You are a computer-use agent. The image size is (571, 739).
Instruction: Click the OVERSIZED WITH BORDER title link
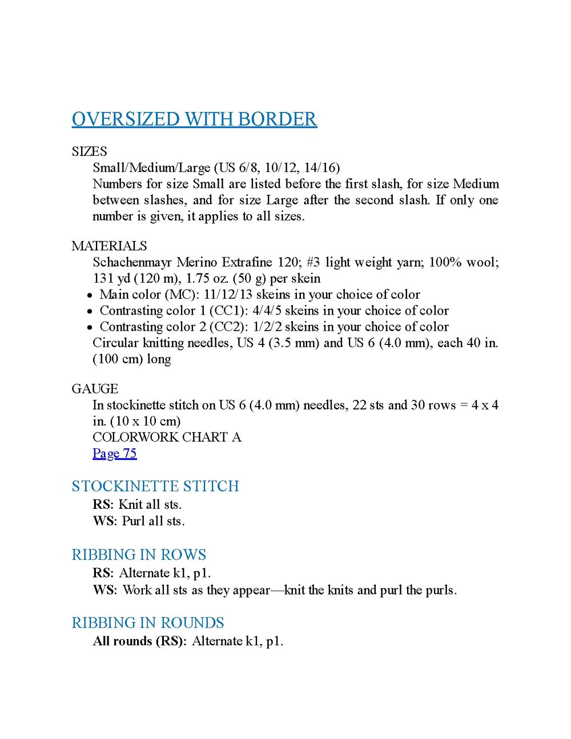[x=194, y=119]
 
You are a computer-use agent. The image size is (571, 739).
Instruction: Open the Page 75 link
[x=114, y=453]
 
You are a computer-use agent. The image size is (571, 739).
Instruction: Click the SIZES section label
[x=89, y=151]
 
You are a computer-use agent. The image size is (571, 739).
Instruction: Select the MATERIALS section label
[x=109, y=246]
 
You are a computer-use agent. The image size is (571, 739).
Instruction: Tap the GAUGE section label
[x=95, y=389]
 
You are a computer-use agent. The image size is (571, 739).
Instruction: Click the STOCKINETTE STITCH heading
[x=155, y=486]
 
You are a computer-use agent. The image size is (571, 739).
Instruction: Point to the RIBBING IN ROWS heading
[x=139, y=555]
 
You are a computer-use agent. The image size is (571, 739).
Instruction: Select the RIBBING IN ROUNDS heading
[x=148, y=622]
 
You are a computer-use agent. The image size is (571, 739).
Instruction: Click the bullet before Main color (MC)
[x=90, y=295]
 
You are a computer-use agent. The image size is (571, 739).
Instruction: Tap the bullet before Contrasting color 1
[x=90, y=311]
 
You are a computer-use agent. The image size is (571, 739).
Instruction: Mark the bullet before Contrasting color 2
[x=90, y=327]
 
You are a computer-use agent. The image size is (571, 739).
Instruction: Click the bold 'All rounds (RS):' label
[x=140, y=641]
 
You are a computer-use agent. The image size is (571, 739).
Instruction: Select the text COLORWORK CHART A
[x=167, y=437]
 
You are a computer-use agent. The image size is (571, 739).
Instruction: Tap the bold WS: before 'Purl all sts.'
[x=104, y=521]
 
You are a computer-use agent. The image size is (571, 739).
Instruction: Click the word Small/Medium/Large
[x=151, y=168]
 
